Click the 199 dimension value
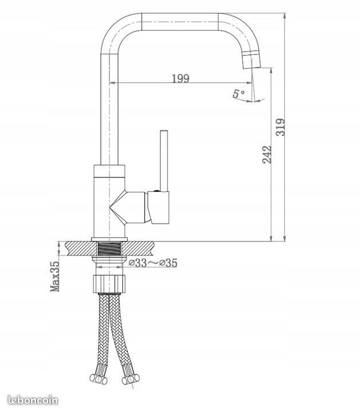point(180,78)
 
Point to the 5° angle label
point(239,94)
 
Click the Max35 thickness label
point(56,276)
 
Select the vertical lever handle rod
point(163,160)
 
